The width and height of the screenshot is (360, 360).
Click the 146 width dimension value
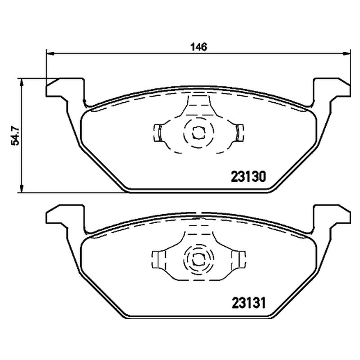pyautogui.click(x=199, y=47)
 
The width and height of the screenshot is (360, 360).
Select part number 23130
pyautogui.click(x=248, y=177)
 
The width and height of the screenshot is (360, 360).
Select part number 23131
pyautogui.click(x=249, y=303)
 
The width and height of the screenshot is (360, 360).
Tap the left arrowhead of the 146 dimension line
pyautogui.click(x=50, y=54)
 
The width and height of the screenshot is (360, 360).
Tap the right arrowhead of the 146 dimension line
pyautogui.click(x=347, y=54)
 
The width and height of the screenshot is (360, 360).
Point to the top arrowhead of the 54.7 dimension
pyautogui.click(x=22, y=82)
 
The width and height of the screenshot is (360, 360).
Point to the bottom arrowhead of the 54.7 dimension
pyautogui.click(x=22, y=189)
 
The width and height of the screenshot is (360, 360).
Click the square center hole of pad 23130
pyautogui.click(x=198, y=133)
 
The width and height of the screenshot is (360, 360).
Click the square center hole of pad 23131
pyautogui.click(x=198, y=260)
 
